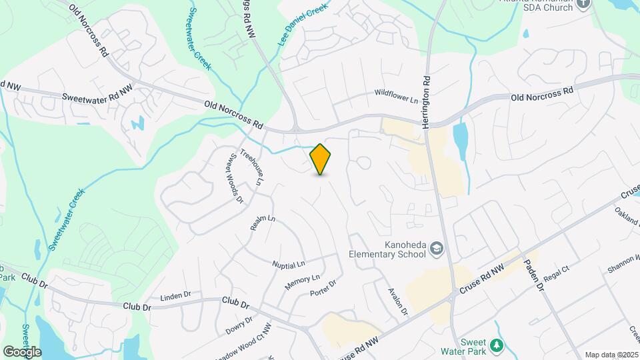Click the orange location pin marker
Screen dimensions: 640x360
tap(321, 159)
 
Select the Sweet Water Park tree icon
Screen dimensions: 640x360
tap(496, 345)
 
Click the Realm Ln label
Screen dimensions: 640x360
tap(263, 223)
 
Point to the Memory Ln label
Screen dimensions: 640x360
tap(302, 282)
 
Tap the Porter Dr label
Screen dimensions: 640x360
tap(323, 289)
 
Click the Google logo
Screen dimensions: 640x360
tap(22, 351)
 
